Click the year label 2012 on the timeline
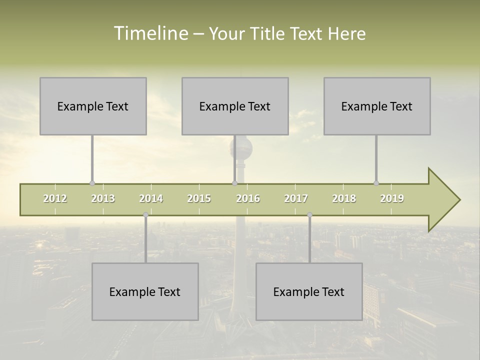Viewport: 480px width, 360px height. pyautogui.click(x=55, y=198)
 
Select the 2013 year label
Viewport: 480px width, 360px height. pyautogui.click(x=103, y=198)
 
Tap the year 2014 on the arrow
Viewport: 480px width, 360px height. pyautogui.click(x=151, y=198)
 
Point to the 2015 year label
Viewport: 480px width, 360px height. pyautogui.click(x=199, y=198)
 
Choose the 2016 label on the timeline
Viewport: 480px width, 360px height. pyautogui.click(x=248, y=198)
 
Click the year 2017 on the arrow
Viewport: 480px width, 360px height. pyautogui.click(x=296, y=198)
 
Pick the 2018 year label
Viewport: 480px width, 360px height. pyautogui.click(x=344, y=198)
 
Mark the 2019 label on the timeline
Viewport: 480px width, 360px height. pyautogui.click(x=392, y=198)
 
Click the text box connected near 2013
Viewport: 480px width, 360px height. pyautogui.click(x=93, y=106)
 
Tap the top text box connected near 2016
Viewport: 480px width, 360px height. pyautogui.click(x=235, y=106)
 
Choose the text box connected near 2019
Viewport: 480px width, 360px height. pyautogui.click(x=377, y=106)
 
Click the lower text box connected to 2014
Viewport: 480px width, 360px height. pyautogui.click(x=145, y=291)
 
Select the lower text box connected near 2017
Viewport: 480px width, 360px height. pyautogui.click(x=309, y=291)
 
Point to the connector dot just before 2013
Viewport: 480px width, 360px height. pyautogui.click(x=92, y=183)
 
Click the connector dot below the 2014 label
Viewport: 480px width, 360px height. pyautogui.click(x=145, y=215)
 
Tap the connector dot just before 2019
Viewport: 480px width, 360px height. pyautogui.click(x=376, y=183)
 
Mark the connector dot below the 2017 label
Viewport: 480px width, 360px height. pyautogui.click(x=309, y=215)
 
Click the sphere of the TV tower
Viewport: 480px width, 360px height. pyautogui.click(x=241, y=148)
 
